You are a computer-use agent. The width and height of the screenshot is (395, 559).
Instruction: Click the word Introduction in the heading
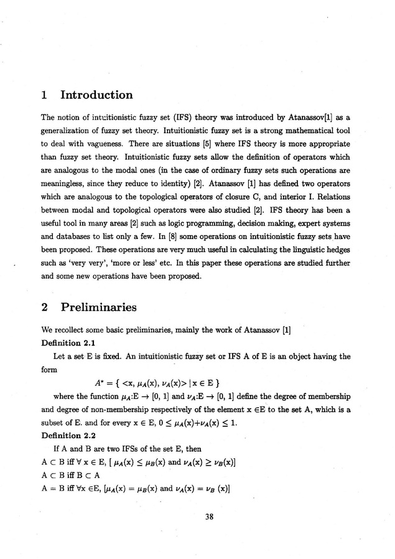[x=96, y=95]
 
